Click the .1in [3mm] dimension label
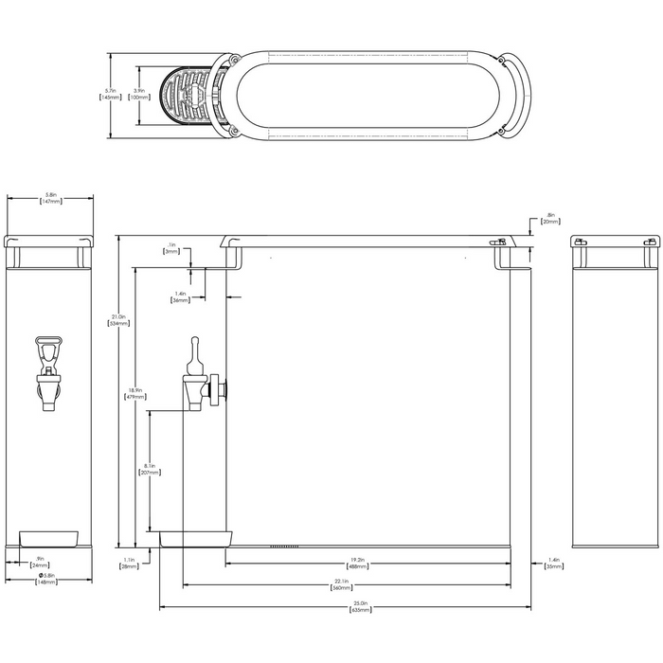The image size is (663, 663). (170, 249)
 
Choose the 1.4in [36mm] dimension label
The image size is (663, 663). (180, 296)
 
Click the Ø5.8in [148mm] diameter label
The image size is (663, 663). (46, 579)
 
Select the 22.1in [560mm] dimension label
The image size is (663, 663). (342, 584)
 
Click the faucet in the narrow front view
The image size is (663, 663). (47, 370)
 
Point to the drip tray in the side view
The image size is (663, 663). (196, 539)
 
